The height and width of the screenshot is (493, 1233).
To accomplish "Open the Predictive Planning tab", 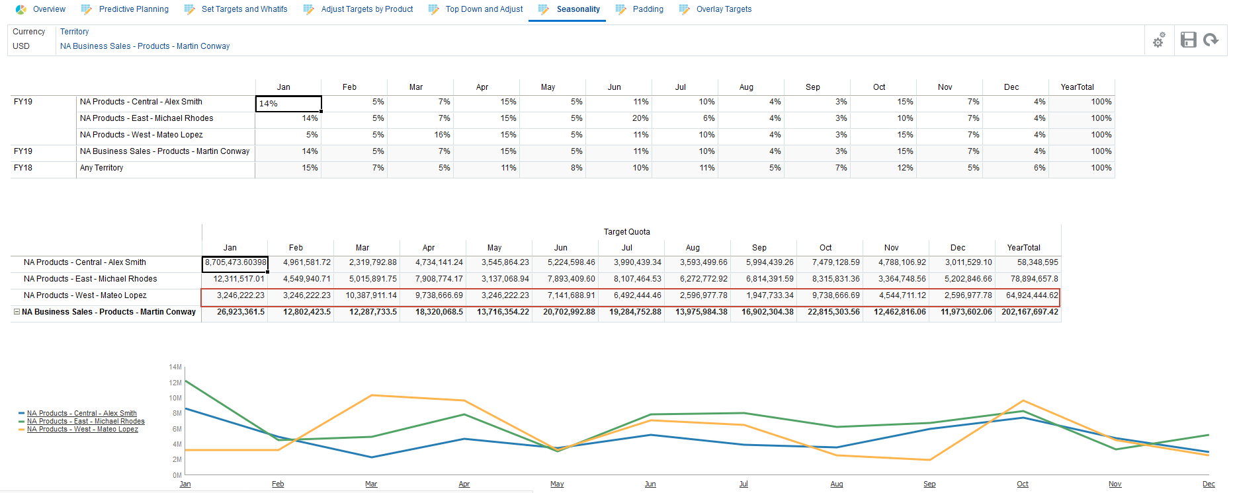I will pos(133,9).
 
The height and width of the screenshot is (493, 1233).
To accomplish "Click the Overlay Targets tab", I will pos(723,9).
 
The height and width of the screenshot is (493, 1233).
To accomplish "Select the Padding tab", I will pos(648,9).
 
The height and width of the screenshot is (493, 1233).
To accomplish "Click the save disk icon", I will pos(1188,40).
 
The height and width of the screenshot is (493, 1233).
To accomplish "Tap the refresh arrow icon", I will pos(1211,40).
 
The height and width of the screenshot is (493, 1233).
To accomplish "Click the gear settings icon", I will pos(1159,40).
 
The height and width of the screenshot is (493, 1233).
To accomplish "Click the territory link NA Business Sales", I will pos(145,46).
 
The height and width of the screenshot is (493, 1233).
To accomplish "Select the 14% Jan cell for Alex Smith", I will pos(288,104).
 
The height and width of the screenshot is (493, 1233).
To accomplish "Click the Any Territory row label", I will pos(101,168).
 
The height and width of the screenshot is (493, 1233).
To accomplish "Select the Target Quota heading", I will pos(626,232).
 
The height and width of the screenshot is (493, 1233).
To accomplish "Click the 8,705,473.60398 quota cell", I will pos(235,263).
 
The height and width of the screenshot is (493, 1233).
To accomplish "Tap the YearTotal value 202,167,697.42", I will pos(1029,312).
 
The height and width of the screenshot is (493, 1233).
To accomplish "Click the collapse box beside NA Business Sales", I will pos(17,312).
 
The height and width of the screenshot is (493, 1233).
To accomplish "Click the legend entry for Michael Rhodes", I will pos(85,422).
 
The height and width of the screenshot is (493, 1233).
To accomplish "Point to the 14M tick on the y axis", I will pos(175,367).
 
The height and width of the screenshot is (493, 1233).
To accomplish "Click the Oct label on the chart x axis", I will pos(1022,484).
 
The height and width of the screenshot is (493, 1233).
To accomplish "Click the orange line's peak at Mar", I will pos(372,395).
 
